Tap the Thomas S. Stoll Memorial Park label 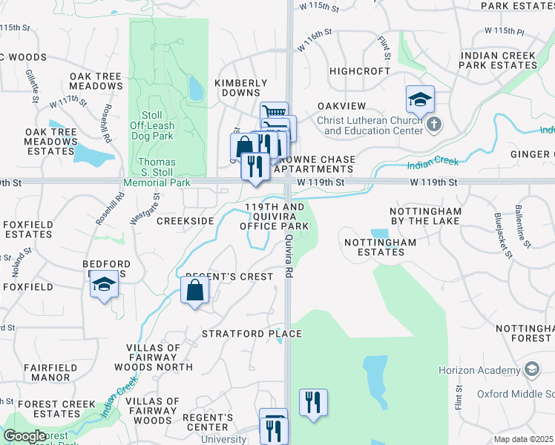(157, 172)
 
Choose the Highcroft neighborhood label (360, 71)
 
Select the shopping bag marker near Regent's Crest (194, 291)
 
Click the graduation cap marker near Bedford (104, 286)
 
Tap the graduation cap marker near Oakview (420, 99)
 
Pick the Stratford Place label (252, 334)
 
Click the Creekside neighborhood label (185, 221)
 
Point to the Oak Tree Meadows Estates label (51, 142)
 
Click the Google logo (24, 436)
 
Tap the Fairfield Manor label (47, 372)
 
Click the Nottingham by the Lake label (426, 217)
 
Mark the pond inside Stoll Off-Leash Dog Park (196, 90)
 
